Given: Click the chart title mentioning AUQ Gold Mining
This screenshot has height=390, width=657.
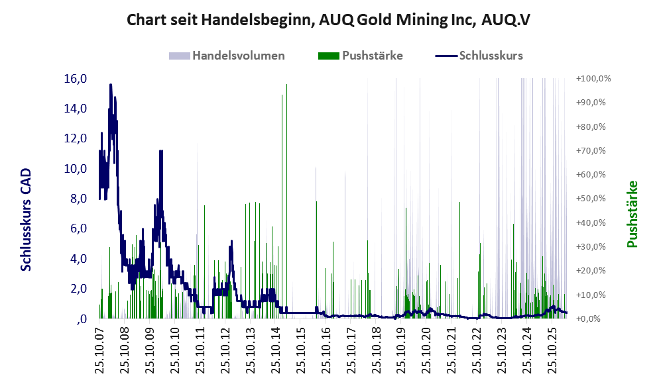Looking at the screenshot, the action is pyautogui.click(x=328, y=20).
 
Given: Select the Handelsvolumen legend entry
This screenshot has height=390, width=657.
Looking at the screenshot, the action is pyautogui.click(x=227, y=56).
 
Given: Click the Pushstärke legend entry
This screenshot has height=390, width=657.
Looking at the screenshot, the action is pyautogui.click(x=361, y=56).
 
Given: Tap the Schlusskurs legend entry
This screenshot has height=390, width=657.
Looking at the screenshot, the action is pyautogui.click(x=479, y=56).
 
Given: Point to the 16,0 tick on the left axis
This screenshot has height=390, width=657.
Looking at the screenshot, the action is pyautogui.click(x=76, y=79).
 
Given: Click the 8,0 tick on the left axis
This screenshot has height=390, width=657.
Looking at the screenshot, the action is pyautogui.click(x=78, y=199).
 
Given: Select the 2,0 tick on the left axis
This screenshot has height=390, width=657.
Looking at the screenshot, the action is pyautogui.click(x=78, y=289).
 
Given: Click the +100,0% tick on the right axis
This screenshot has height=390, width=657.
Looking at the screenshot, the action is pyautogui.click(x=593, y=79).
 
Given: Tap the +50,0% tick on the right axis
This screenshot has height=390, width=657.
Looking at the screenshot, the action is pyautogui.click(x=591, y=199).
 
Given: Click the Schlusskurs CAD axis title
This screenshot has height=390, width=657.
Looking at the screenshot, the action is pyautogui.click(x=26, y=219).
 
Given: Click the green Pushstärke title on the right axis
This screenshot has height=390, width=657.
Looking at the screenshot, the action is pyautogui.click(x=632, y=214).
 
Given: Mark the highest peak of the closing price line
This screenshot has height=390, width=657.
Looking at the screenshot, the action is pyautogui.click(x=111, y=85).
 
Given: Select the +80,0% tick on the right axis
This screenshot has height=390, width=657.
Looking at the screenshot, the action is pyautogui.click(x=591, y=126).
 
